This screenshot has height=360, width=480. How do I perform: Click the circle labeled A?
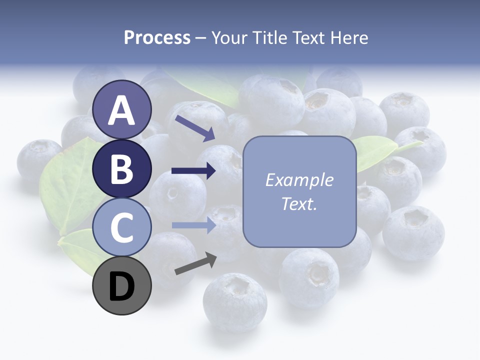coord(122,109)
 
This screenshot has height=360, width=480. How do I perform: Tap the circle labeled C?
coord(122,227)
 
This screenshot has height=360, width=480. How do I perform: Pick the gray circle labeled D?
coord(122,285)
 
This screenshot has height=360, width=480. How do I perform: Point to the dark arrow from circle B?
coord(193,171)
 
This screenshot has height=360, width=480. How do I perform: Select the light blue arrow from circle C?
coord(193,225)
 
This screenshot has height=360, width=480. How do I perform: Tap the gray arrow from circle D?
coord(195,263)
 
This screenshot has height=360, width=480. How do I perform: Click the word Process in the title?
coord(157,38)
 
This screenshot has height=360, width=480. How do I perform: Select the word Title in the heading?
coord(271,38)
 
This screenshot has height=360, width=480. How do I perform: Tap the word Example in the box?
coord(299,180)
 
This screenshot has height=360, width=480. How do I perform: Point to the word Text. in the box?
coord(299,203)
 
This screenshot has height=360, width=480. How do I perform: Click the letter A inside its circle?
coord(122,110)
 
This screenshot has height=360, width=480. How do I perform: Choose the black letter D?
coord(122,286)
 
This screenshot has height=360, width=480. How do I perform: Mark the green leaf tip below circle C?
coord(75,250)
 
